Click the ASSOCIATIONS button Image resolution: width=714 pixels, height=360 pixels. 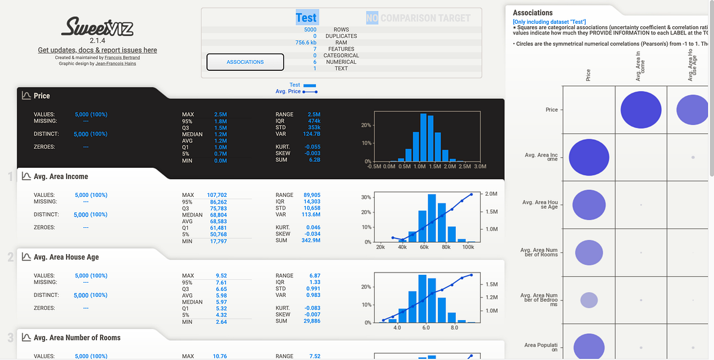click(245, 62)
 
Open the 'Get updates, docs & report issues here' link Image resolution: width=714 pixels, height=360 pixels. click(98, 50)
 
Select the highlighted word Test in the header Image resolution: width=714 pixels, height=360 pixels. click(306, 17)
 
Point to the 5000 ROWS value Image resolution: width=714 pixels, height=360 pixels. click(310, 30)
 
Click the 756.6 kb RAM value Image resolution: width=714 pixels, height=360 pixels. click(306, 43)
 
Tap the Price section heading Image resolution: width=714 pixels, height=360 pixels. click(42, 96)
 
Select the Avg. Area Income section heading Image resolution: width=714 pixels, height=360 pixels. click(61, 176)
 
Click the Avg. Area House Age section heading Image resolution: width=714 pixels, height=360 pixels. click(66, 257)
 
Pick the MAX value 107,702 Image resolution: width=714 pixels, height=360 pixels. click(217, 195)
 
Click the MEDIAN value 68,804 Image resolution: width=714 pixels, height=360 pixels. click(217, 215)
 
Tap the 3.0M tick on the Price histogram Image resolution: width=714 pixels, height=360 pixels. click(479, 167)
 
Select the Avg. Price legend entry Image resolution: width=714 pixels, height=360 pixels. click(289, 92)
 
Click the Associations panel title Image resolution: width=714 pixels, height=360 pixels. click(533, 12)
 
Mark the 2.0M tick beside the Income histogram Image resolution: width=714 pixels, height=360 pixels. click(491, 195)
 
